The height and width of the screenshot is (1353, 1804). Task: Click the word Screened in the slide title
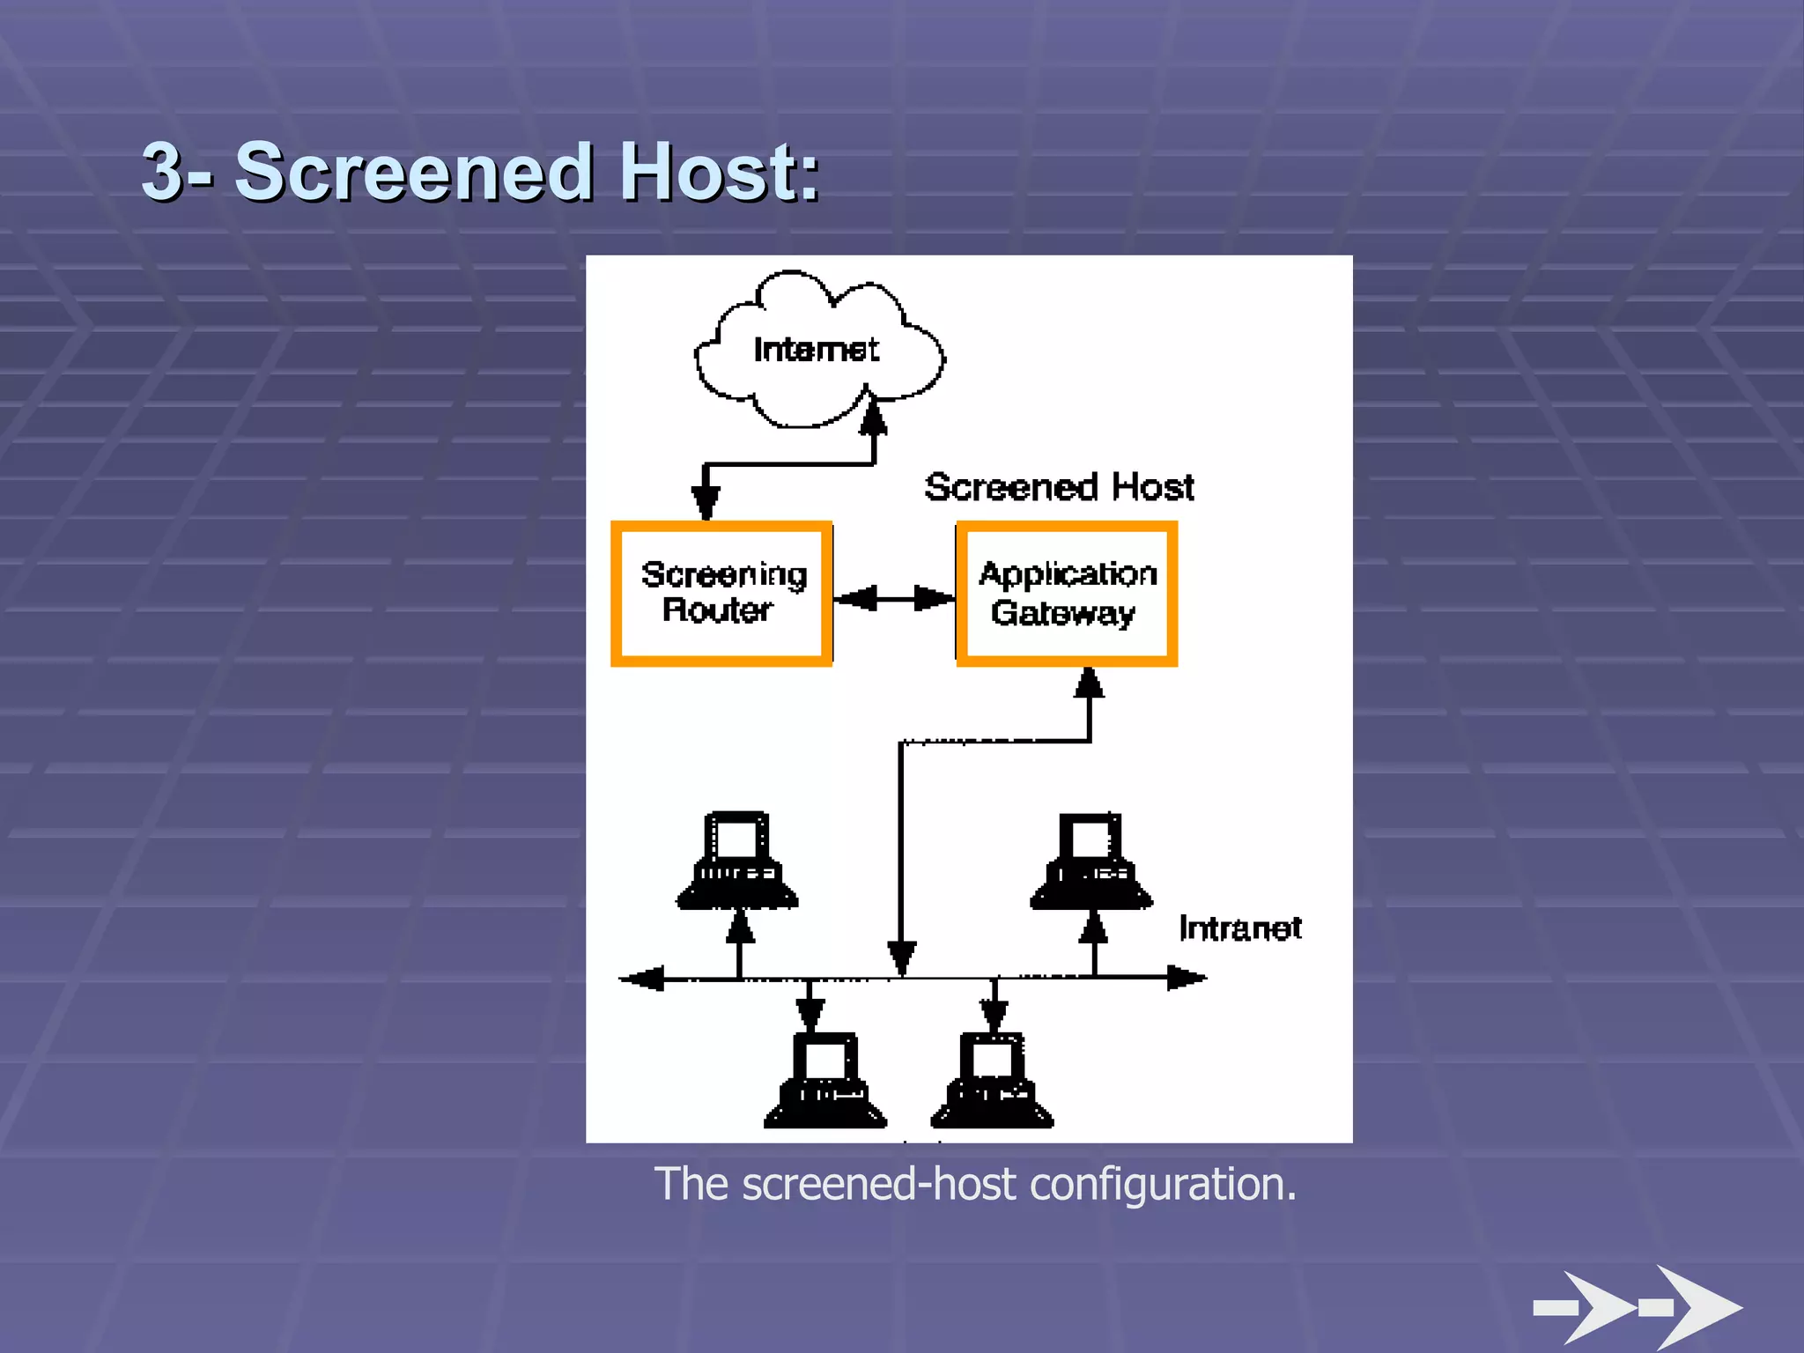click(x=414, y=172)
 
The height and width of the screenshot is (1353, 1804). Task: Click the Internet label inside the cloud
click(x=816, y=350)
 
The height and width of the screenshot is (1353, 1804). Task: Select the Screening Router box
click(x=721, y=594)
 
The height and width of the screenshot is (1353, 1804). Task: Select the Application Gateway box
click(x=1067, y=594)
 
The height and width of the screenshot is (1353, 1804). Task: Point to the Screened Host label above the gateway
click(x=1059, y=487)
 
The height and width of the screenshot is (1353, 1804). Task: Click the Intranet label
click(x=1239, y=928)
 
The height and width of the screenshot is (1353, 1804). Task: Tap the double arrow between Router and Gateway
click(x=894, y=599)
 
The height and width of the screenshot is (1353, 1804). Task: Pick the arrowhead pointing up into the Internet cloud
click(x=873, y=417)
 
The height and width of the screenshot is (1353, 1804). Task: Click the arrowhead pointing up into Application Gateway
click(x=1090, y=684)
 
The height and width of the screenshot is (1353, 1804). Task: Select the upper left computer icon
click(x=737, y=861)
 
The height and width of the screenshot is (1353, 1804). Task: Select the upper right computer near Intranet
click(x=1091, y=862)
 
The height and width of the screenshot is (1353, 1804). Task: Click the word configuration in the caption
click(x=1163, y=1184)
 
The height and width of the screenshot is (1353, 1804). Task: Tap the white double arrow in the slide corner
click(x=1638, y=1307)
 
